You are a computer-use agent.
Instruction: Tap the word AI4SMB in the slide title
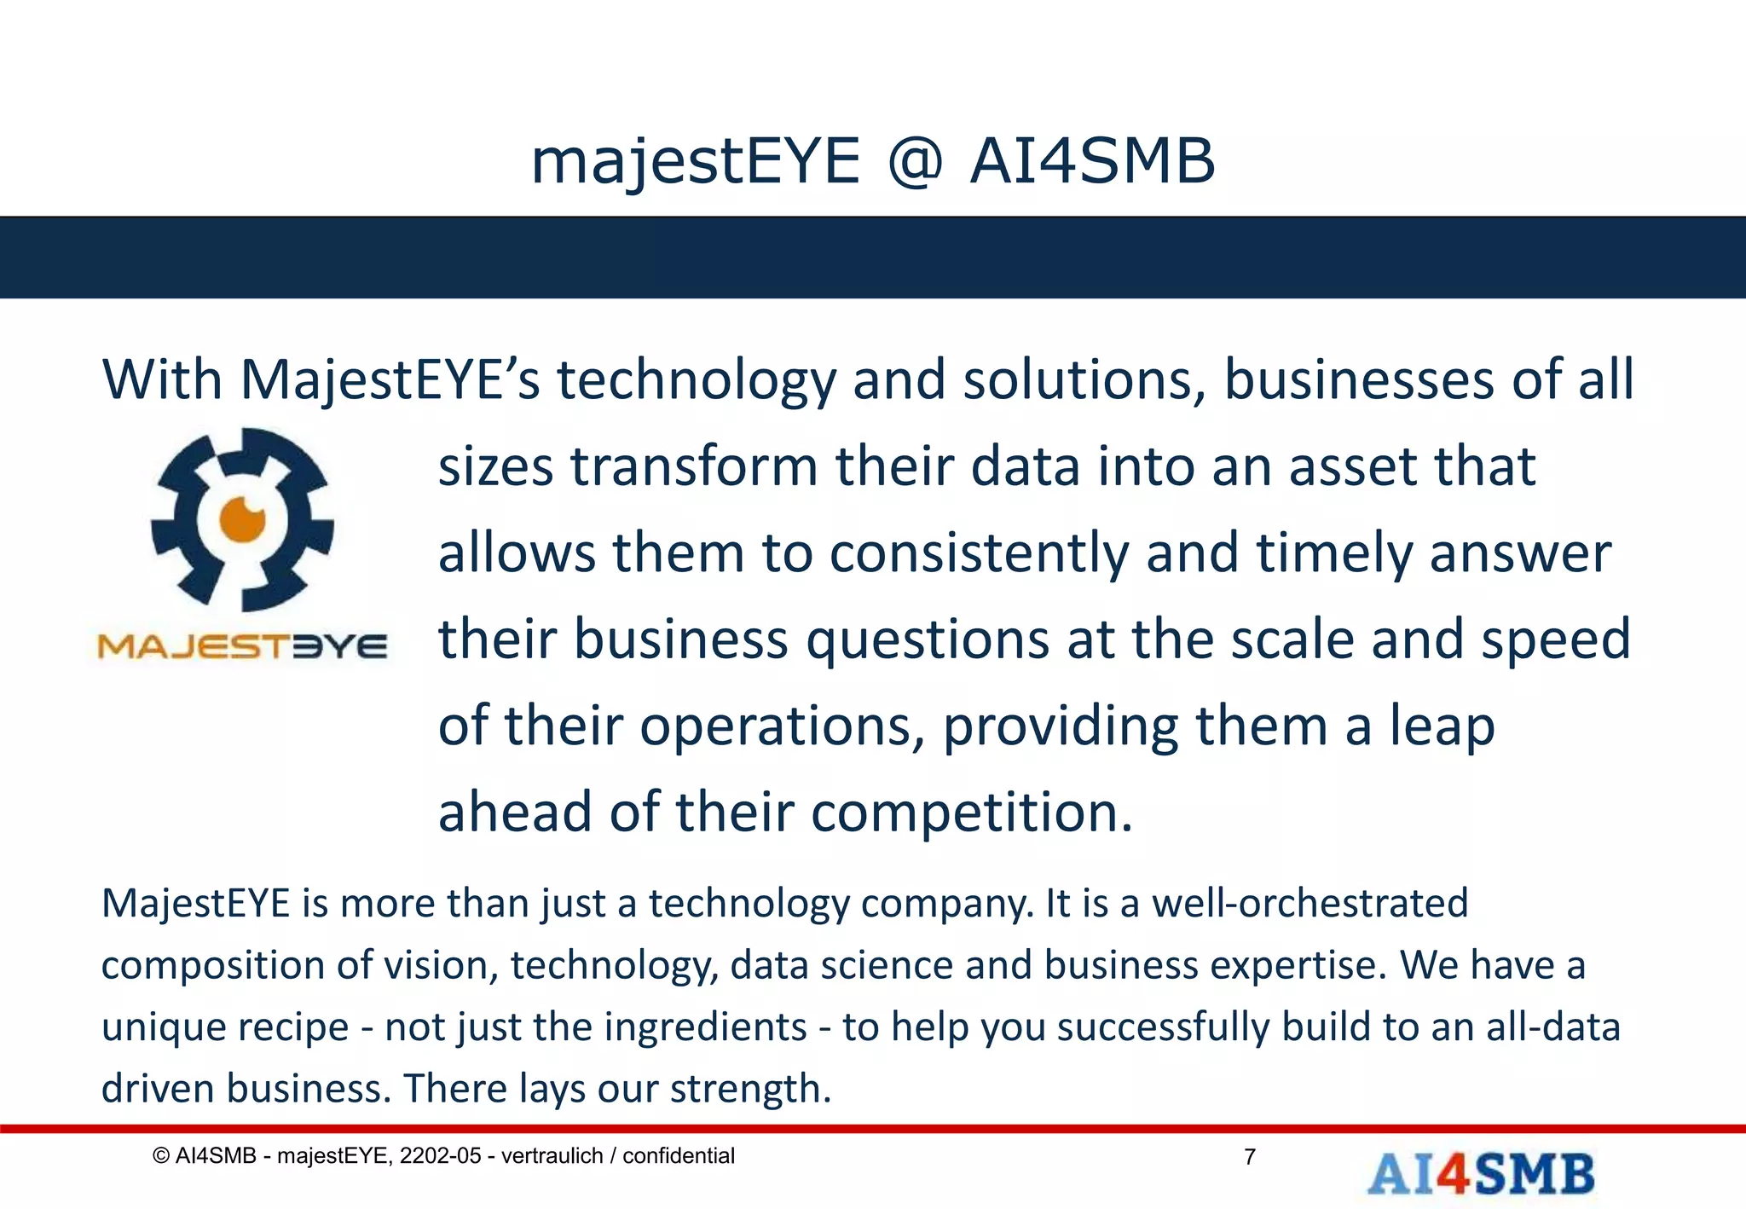pyautogui.click(x=1092, y=162)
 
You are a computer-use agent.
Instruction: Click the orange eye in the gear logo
pyautogui.click(x=243, y=518)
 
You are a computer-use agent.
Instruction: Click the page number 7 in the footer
pyautogui.click(x=1250, y=1157)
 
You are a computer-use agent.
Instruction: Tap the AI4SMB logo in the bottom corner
pyautogui.click(x=1481, y=1174)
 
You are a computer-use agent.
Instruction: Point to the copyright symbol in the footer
pyautogui.click(x=160, y=1156)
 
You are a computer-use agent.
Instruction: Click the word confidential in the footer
pyautogui.click(x=679, y=1156)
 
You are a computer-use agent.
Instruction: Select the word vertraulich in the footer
pyautogui.click(x=552, y=1156)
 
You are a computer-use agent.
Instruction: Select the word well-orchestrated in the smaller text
pyautogui.click(x=1310, y=903)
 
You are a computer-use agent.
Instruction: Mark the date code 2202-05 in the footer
pyautogui.click(x=441, y=1156)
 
